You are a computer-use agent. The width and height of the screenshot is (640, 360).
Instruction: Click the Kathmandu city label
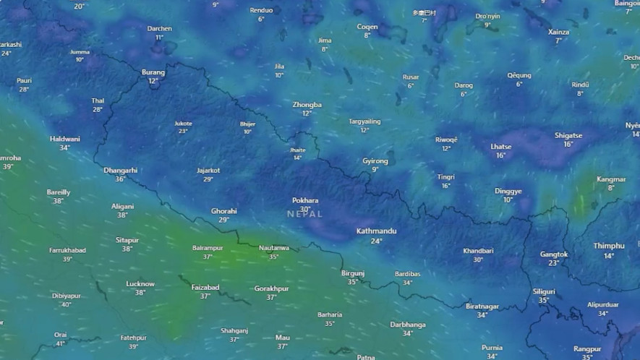[x=376, y=231]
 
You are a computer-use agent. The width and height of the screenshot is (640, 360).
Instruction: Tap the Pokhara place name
[x=304, y=200]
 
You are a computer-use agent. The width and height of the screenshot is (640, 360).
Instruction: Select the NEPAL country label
[x=304, y=214]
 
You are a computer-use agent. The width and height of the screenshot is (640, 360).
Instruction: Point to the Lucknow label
[x=140, y=284]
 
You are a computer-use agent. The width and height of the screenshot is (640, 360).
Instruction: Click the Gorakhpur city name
[x=271, y=288]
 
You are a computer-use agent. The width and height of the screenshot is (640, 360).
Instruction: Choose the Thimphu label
[x=608, y=246]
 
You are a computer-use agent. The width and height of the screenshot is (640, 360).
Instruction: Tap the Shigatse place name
[x=568, y=135]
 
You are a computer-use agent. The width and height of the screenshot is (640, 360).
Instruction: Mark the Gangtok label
[x=554, y=254]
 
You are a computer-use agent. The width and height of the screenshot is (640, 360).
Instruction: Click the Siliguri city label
[x=544, y=291]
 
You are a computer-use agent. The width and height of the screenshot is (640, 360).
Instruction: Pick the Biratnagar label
[x=482, y=307]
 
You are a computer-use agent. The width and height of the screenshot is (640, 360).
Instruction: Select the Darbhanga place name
[x=407, y=325]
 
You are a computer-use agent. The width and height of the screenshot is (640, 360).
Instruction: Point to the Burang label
[x=153, y=72]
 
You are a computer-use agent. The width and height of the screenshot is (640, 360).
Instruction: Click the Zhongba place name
[x=307, y=105]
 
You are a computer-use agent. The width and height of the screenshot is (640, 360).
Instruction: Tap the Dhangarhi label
[x=120, y=171]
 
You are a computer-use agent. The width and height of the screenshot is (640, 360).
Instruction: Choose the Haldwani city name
[x=64, y=139]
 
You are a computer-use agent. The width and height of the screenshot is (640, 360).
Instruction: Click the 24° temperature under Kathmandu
[x=376, y=241]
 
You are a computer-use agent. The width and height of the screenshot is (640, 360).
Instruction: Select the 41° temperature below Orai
[x=61, y=344]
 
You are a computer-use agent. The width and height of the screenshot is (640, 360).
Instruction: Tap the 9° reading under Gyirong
[x=375, y=170]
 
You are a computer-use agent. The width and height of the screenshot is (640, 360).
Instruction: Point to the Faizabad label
[x=205, y=287]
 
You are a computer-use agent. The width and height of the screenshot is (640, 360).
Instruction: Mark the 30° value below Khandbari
[x=478, y=260]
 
